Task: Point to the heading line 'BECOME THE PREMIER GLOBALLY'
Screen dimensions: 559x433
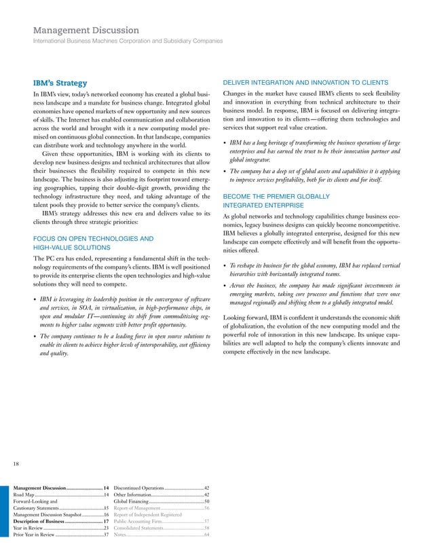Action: pyautogui.click(x=277, y=197)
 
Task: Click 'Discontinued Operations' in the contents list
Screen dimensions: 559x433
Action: pyautogui.click(x=139, y=488)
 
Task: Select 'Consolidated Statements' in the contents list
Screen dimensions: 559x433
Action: pyautogui.click(x=138, y=528)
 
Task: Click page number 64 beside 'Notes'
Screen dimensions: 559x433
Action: pyautogui.click(x=206, y=535)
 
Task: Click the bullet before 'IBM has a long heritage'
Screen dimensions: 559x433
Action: pyautogui.click(x=225, y=143)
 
